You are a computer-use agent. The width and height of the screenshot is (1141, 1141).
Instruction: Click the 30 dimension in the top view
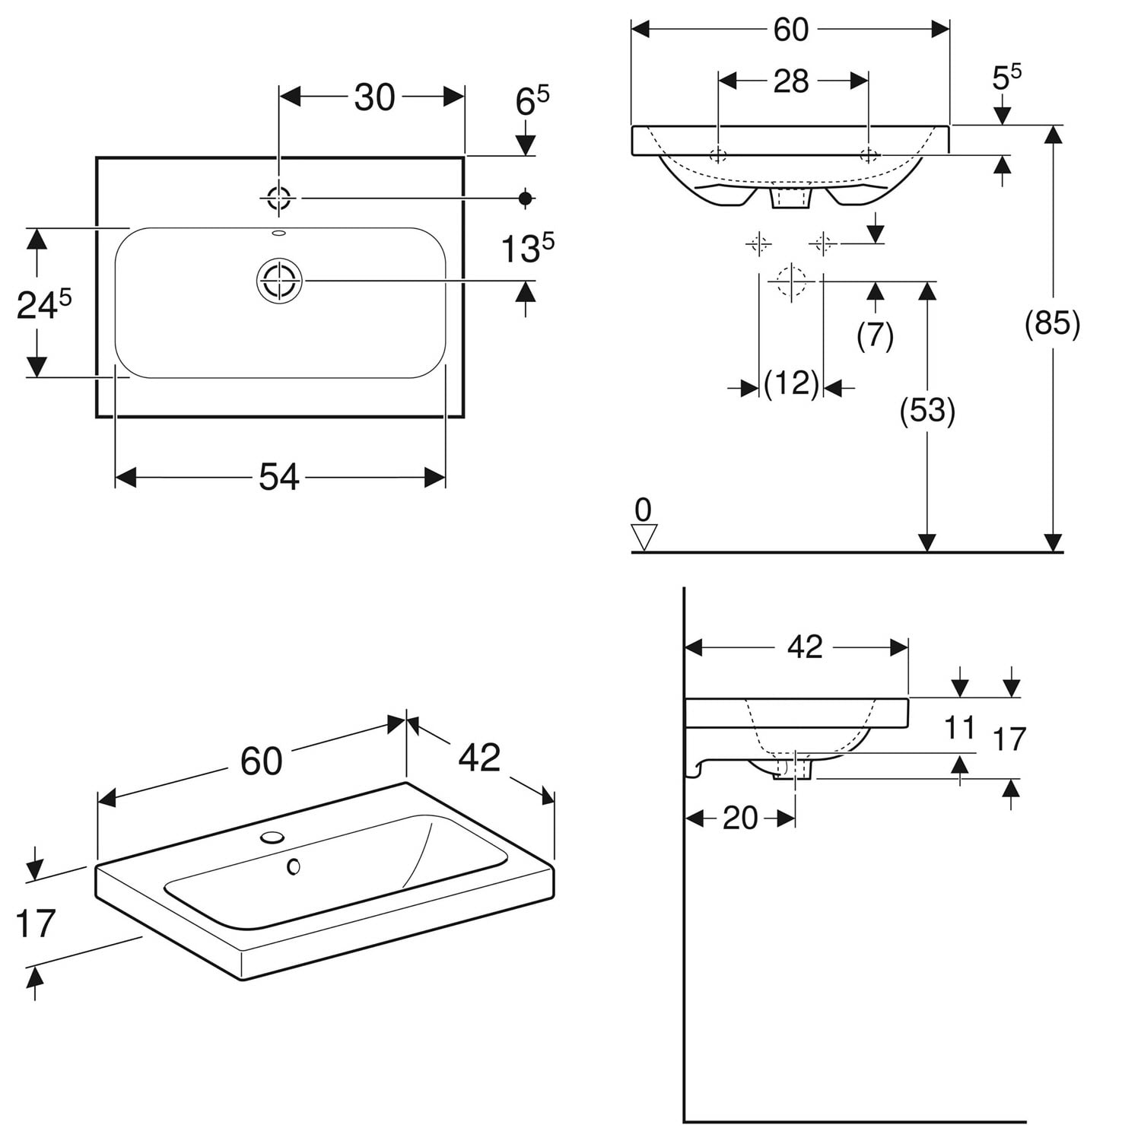click(374, 97)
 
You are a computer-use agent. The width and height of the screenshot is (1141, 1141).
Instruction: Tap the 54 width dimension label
click(279, 478)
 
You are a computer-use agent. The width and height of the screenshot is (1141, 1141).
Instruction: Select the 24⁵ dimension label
click(44, 304)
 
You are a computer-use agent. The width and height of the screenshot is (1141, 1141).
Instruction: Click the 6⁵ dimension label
click(532, 101)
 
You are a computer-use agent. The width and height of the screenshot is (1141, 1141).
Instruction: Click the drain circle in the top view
click(279, 280)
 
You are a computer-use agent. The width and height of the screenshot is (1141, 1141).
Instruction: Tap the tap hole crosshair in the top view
click(279, 199)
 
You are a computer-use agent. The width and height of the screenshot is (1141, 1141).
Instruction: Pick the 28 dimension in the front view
click(791, 81)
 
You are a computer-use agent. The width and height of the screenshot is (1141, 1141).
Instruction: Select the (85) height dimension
click(1052, 323)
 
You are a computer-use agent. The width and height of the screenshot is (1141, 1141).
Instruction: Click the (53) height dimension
click(927, 411)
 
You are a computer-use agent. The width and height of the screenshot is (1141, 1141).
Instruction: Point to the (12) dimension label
click(791, 384)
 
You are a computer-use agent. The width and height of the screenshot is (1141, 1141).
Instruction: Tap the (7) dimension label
click(875, 335)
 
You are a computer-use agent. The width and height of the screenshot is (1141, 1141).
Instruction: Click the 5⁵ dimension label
click(1006, 77)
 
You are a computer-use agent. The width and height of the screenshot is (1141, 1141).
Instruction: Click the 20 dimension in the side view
click(740, 818)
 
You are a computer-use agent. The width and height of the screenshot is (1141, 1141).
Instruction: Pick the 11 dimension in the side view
click(959, 728)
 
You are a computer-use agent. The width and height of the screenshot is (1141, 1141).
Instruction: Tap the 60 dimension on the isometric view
click(261, 761)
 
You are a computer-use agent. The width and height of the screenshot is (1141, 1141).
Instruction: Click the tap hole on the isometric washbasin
click(272, 837)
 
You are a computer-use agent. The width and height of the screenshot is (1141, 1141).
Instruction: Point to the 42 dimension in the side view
click(805, 647)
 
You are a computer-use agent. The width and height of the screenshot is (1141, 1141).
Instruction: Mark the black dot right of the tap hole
click(525, 199)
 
